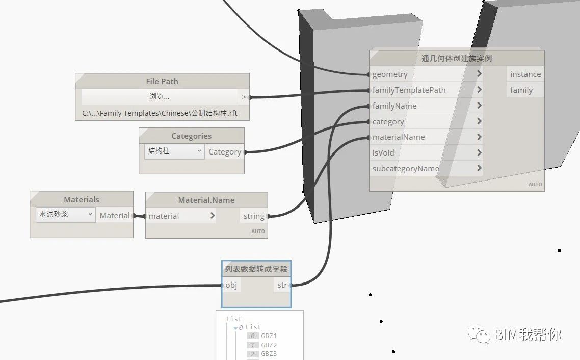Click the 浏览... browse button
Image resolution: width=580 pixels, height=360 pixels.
tap(160, 97)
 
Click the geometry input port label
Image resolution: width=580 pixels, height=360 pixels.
tap(390, 74)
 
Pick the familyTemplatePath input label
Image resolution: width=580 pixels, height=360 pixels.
tap(409, 90)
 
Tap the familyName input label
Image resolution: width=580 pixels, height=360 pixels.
tap(394, 106)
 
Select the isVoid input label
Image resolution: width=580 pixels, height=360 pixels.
tap(383, 152)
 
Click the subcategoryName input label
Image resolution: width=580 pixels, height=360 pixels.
tap(406, 169)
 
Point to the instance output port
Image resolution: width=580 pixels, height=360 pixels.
tap(525, 74)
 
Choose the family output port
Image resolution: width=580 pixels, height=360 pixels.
tap(521, 90)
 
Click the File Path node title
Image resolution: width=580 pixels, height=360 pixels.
tap(162, 82)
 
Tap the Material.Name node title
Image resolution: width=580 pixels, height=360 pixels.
tap(206, 200)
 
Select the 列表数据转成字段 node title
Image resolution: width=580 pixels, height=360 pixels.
tap(256, 269)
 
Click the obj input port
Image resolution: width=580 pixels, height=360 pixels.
tap(231, 285)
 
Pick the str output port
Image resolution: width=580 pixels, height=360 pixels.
tap(282, 285)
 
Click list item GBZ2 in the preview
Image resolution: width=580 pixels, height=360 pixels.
tap(269, 345)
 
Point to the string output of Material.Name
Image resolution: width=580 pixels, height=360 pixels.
tap(254, 216)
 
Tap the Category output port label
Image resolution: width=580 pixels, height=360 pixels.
tap(225, 152)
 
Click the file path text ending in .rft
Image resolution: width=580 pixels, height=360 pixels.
tap(160, 114)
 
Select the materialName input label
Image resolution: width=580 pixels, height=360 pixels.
tap(399, 137)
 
